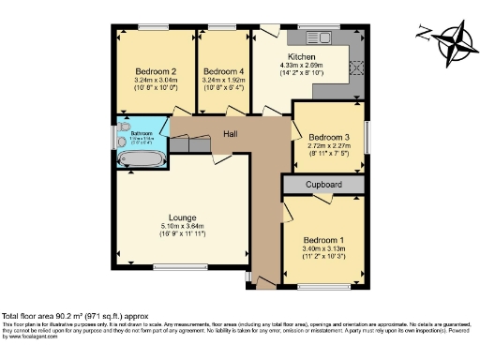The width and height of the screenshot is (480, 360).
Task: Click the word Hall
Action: click(x=230, y=134)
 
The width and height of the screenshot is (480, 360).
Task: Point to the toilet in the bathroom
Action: click(x=125, y=127)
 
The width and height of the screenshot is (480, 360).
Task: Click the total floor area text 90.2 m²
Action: click(x=79, y=316)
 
